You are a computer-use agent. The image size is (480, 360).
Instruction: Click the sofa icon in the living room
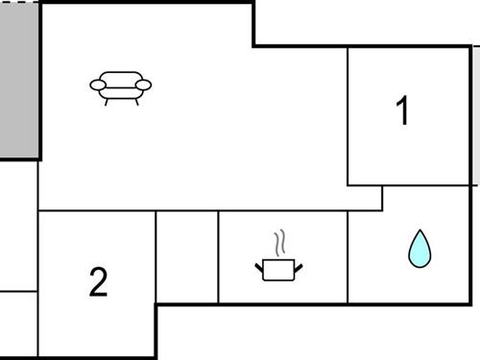click(121, 86)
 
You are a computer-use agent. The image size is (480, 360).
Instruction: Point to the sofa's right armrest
click(143, 86)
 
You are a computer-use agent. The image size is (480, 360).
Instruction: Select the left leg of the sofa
click(108, 101)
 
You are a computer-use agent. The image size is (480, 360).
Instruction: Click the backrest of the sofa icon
click(121, 78)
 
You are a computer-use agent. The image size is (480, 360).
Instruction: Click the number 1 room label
click(403, 111)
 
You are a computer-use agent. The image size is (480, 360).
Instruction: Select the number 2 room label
click(98, 282)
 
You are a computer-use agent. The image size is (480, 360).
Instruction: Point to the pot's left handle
click(259, 262)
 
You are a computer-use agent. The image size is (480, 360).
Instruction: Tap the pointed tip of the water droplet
click(420, 232)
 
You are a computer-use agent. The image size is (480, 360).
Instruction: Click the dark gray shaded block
click(19, 82)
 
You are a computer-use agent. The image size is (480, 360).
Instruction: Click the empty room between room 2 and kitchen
click(187, 257)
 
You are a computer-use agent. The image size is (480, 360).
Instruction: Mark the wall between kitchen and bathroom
click(348, 257)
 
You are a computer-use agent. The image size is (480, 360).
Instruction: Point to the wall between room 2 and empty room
click(156, 257)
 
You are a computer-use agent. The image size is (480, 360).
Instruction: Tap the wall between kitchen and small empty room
click(219, 257)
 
